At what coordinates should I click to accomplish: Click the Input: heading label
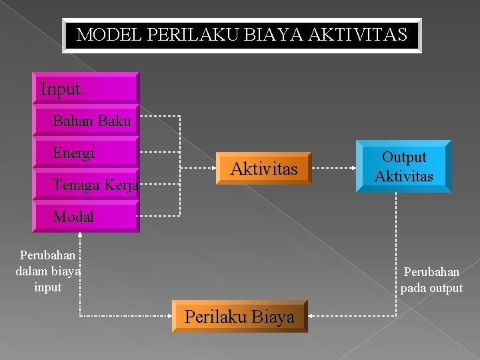coord(62,89)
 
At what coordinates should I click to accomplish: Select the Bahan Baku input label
coord(92,121)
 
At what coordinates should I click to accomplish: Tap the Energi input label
coord(74,153)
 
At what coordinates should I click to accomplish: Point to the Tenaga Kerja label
coord(96,185)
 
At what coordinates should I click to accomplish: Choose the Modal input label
coord(73,217)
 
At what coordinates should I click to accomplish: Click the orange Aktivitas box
coord(263,169)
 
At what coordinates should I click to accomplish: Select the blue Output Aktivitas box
coord(403,167)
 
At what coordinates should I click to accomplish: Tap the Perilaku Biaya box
coord(239,317)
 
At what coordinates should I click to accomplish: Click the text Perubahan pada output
coord(431,280)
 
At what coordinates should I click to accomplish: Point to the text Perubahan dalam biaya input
coord(47,271)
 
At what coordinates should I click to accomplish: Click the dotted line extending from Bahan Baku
coord(160,116)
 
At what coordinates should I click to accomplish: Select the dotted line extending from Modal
coord(160,216)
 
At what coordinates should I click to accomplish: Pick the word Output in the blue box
coord(403,157)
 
